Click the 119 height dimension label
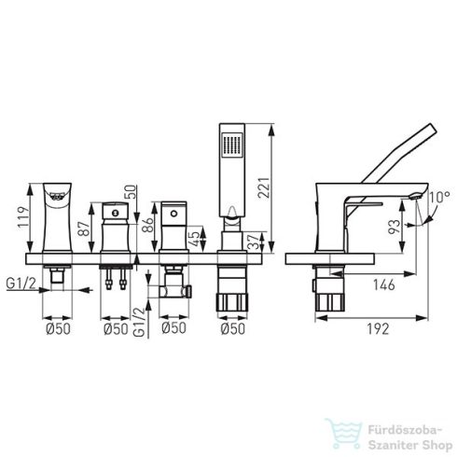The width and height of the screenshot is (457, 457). point(23,217)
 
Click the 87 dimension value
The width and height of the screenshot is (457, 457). point(84,228)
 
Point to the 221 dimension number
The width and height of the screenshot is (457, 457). point(263,187)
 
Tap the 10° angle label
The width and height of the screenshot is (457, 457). point(439,197)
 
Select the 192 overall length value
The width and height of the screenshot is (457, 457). point(378,329)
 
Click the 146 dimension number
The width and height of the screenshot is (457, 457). point(384,284)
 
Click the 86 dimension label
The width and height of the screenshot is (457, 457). point(147,225)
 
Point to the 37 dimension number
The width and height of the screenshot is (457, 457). point(254,242)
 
